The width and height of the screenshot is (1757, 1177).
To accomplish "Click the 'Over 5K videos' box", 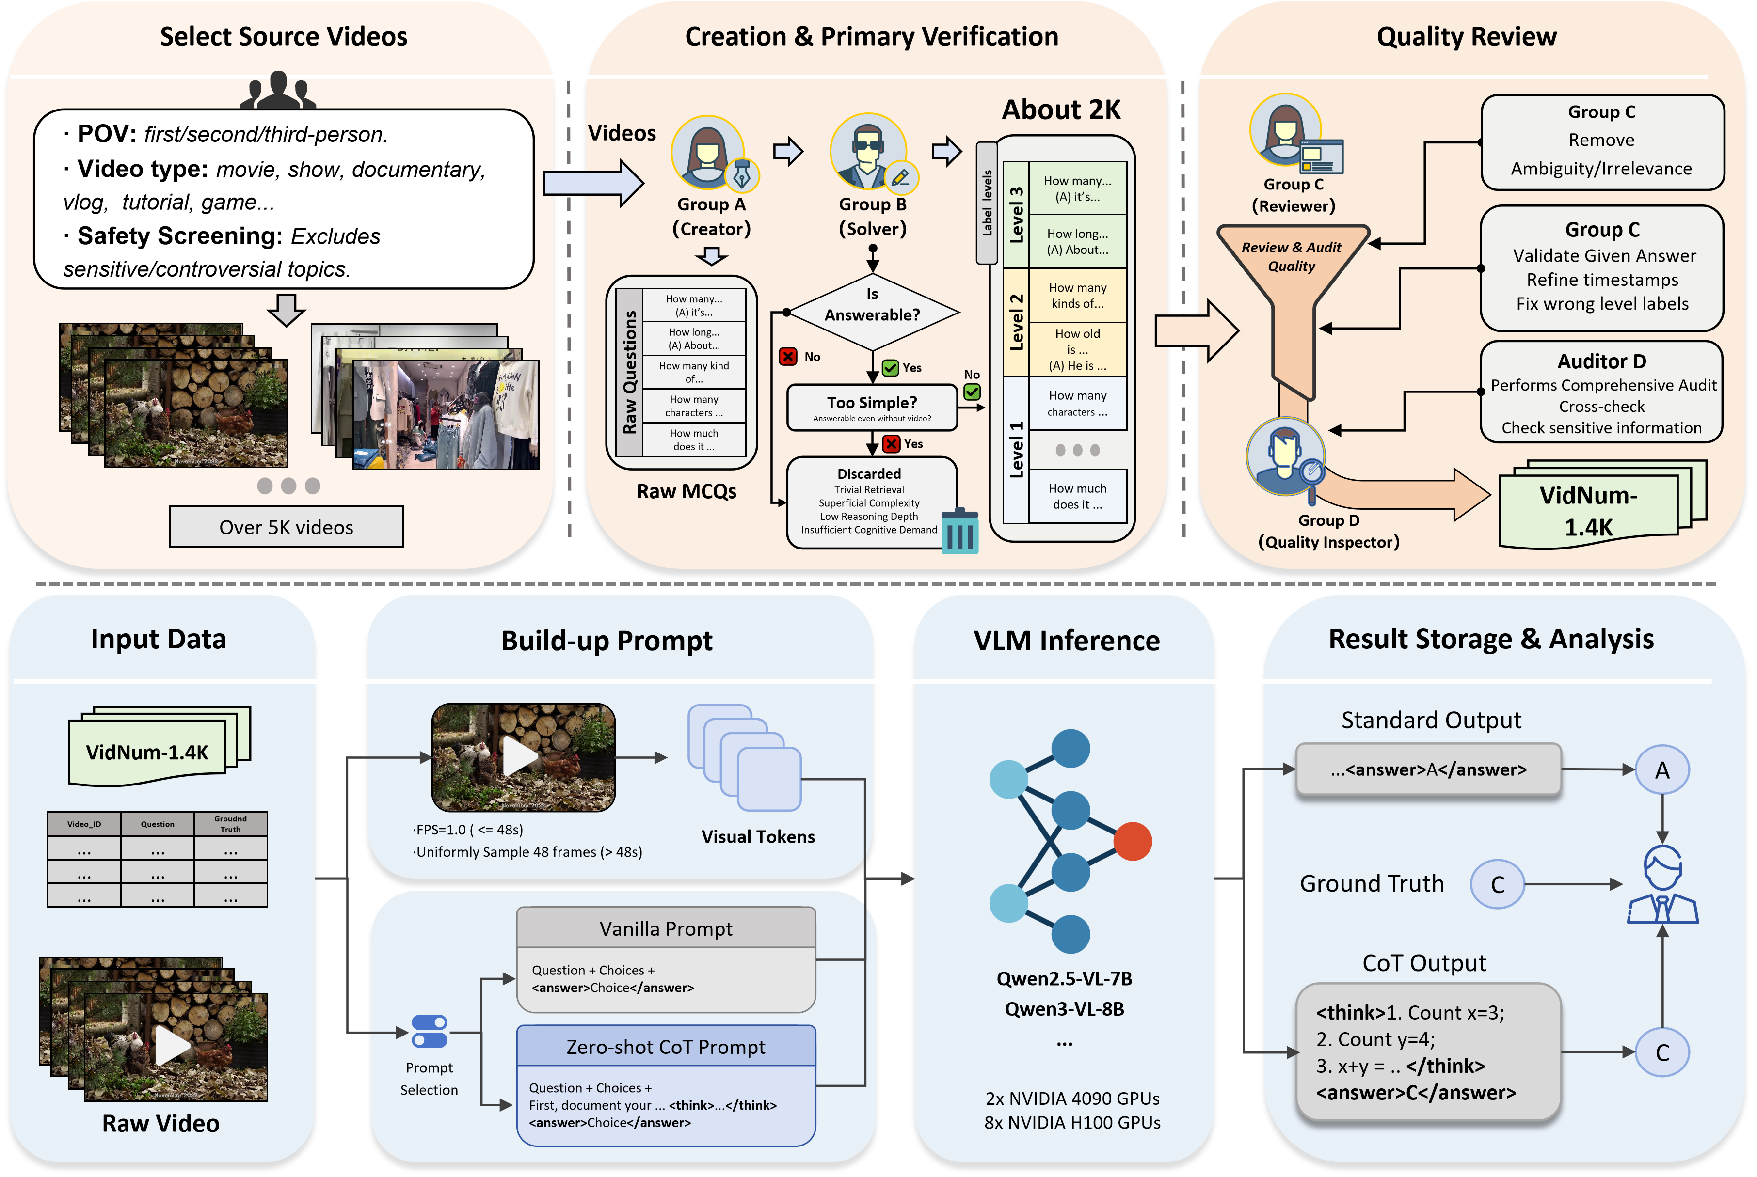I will click(286, 527).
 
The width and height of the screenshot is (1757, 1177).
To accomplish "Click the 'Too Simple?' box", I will click(872, 408).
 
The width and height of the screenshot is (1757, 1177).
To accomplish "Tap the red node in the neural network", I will click(1132, 841).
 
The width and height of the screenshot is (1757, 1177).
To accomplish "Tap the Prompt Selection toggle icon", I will click(430, 1031).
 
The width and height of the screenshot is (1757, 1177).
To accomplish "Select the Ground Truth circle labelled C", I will click(1497, 884).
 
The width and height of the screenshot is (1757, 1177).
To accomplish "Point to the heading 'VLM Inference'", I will click(1066, 640).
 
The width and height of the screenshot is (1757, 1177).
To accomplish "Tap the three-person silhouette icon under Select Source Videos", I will click(278, 90).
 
